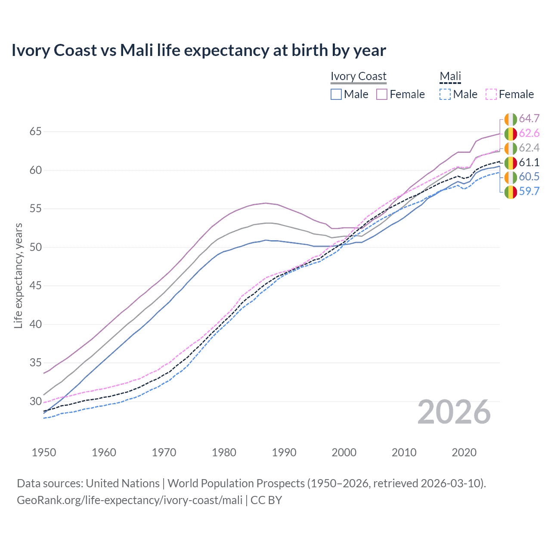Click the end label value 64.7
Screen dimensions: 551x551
click(529, 119)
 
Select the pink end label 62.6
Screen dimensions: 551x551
click(529, 133)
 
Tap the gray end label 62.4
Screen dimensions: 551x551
click(529, 148)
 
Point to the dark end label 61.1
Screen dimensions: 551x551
click(529, 162)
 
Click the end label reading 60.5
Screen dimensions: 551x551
click(529, 177)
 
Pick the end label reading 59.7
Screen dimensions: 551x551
click(529, 191)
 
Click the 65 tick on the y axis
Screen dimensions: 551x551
click(36, 131)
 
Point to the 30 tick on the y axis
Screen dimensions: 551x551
click(36, 401)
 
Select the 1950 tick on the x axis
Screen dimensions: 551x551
click(44, 452)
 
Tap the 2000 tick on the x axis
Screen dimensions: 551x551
click(344, 452)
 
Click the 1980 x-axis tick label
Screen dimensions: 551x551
click(224, 452)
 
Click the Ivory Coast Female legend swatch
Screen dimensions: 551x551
click(382, 94)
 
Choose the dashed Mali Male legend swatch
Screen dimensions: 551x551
click(445, 94)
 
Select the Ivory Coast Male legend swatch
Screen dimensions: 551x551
click(336, 94)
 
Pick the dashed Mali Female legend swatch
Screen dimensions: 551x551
click(491, 94)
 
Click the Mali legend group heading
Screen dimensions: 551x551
click(450, 76)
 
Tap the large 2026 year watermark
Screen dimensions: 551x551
click(454, 412)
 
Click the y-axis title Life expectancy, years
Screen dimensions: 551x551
click(18, 275)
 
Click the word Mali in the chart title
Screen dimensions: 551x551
click(136, 50)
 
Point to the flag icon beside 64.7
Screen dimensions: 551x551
click(511, 119)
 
